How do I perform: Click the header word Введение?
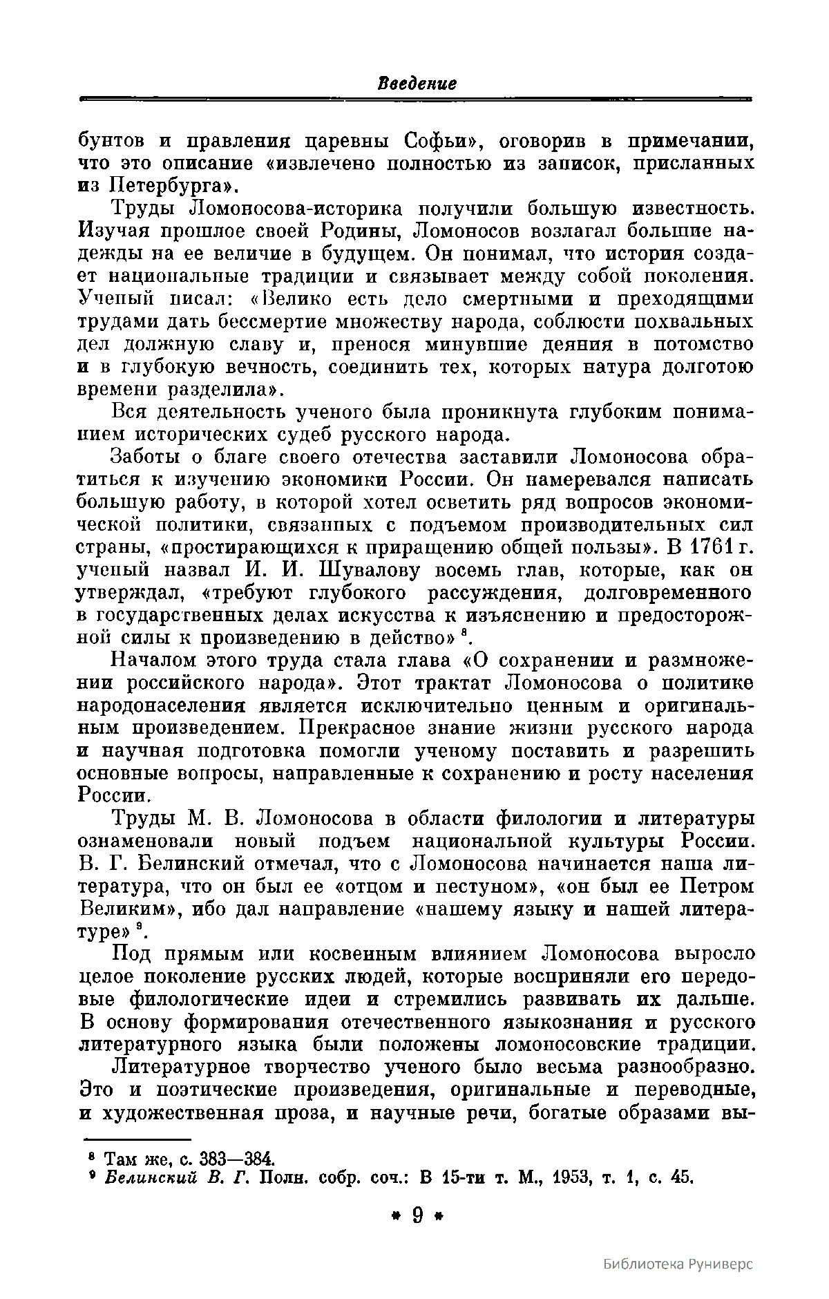tap(417, 84)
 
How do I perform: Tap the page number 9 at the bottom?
tap(417, 1234)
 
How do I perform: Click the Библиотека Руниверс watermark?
tap(677, 1264)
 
